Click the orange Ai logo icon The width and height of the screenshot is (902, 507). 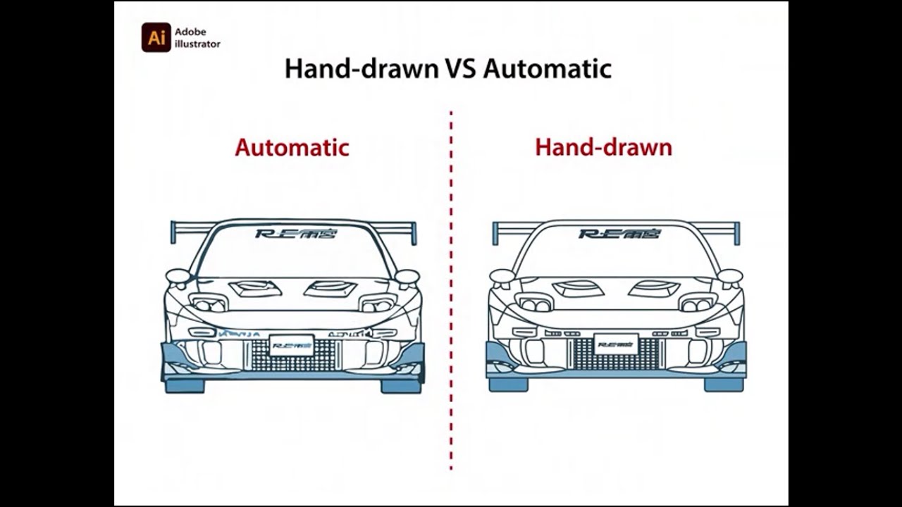click(156, 37)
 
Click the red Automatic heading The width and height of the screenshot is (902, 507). click(292, 147)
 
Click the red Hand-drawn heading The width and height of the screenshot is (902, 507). click(603, 147)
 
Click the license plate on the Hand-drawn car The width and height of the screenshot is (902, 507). click(616, 344)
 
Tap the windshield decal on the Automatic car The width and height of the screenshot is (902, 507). click(296, 233)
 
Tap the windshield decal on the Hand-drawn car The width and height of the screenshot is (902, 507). click(619, 233)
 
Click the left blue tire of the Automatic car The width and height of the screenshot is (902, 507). click(184, 385)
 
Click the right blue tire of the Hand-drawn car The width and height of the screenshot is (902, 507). click(723, 384)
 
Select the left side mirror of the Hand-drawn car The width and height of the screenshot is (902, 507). click(502, 276)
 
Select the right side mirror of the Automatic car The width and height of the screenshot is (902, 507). click(407, 276)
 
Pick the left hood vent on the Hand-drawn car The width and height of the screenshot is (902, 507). click(579, 288)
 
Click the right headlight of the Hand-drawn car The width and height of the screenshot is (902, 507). click(697, 304)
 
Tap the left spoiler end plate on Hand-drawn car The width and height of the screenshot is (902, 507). click(495, 233)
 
